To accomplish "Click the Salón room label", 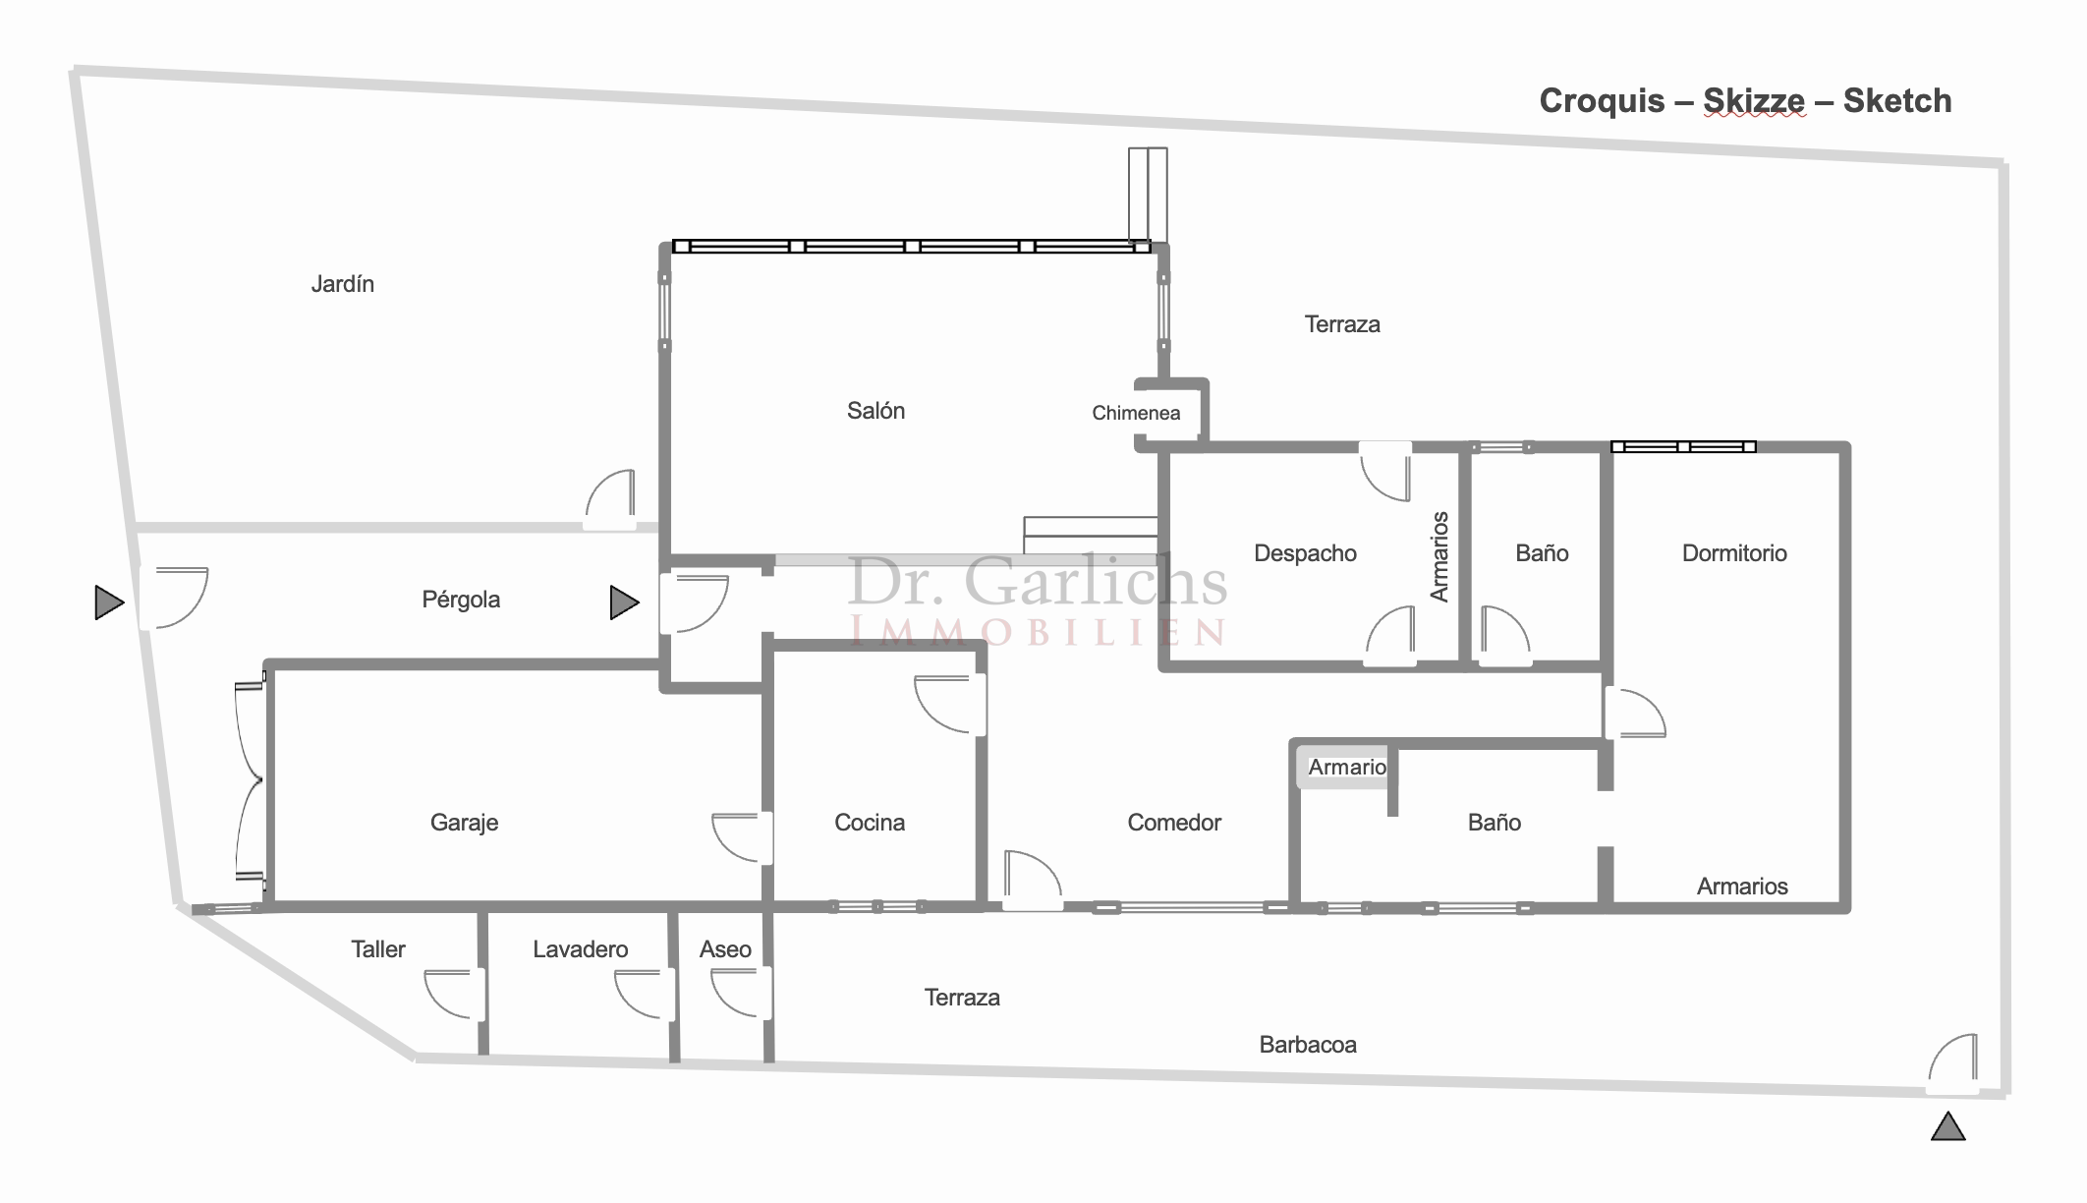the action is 875,411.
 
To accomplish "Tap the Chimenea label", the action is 1136,413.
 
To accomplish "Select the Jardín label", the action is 342,284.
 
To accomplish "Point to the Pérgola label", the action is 461,600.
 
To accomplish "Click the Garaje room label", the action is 464,823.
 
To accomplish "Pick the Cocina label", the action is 870,823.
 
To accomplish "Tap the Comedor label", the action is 1174,823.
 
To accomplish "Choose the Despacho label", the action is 1305,553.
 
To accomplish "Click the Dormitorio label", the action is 1734,553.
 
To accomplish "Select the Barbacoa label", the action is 1308,1045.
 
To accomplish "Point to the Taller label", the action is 378,949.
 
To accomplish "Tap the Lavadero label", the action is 580,949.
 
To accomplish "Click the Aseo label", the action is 725,949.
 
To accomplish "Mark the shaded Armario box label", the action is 1347,767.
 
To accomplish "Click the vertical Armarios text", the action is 1439,556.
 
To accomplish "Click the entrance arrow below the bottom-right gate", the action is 1947,1126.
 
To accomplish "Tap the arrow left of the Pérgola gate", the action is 109,602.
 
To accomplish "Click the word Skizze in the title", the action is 1754,100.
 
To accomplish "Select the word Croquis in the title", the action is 1602,100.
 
